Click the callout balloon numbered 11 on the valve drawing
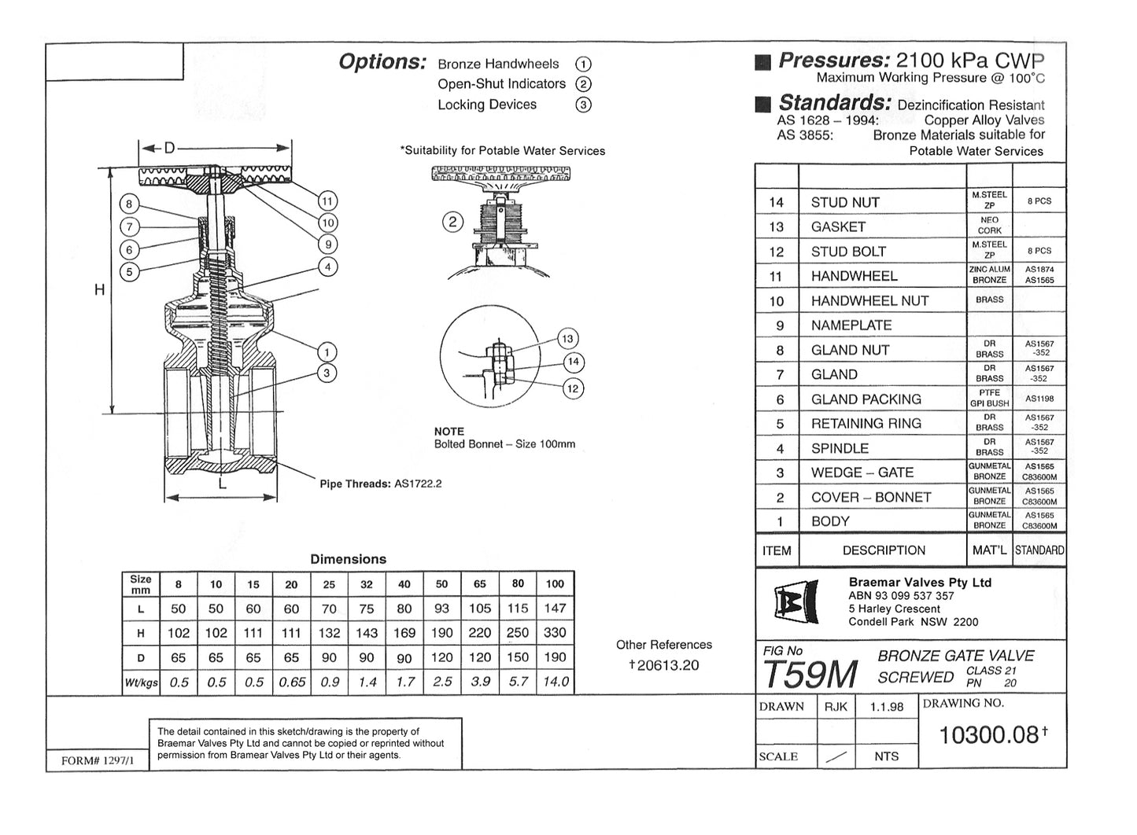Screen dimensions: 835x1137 click(327, 200)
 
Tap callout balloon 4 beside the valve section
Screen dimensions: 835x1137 click(327, 267)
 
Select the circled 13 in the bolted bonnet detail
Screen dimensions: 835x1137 click(567, 339)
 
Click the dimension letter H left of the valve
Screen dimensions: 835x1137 click(100, 290)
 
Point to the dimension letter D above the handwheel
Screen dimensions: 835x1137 click(169, 148)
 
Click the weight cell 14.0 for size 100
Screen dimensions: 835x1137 click(556, 682)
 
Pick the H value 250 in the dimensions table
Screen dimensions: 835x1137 click(518, 633)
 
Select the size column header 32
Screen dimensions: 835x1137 click(367, 584)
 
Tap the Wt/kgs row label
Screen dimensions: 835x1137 click(141, 682)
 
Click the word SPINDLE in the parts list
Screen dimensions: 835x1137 click(840, 448)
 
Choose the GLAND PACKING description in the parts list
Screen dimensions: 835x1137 click(866, 399)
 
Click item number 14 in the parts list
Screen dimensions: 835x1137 click(777, 203)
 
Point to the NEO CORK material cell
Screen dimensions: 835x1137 click(989, 226)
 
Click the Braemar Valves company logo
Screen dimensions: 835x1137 click(796, 604)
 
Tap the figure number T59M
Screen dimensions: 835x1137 click(810, 674)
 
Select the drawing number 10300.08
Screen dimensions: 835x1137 click(990, 734)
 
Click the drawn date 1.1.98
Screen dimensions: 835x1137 click(887, 707)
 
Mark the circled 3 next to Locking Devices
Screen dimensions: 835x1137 click(583, 105)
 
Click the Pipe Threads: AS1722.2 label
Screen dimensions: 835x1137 click(381, 484)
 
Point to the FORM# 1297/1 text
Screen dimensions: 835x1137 click(103, 761)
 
